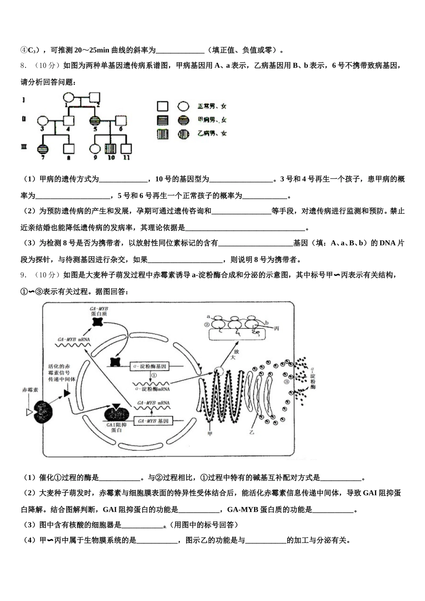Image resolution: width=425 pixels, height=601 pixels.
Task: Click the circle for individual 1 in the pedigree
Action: pos(68,97)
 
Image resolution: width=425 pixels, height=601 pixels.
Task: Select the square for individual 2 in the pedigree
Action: pos(95,97)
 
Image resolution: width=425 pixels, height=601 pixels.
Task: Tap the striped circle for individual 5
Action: pos(94,121)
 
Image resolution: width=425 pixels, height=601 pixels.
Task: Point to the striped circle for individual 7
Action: pos(42,149)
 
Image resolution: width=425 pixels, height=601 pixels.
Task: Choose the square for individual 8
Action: pos(68,149)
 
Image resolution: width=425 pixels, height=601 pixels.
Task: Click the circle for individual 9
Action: pos(94,149)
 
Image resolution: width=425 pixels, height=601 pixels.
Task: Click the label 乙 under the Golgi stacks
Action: pos(252,432)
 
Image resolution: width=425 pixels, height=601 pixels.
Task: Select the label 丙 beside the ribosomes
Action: pos(276,328)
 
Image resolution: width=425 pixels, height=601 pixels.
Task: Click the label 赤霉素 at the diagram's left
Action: pos(30,390)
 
